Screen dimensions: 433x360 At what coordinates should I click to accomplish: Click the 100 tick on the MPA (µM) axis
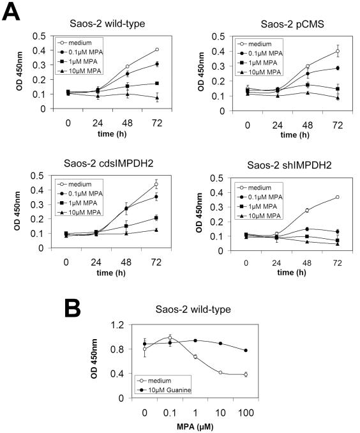tap(246, 409)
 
